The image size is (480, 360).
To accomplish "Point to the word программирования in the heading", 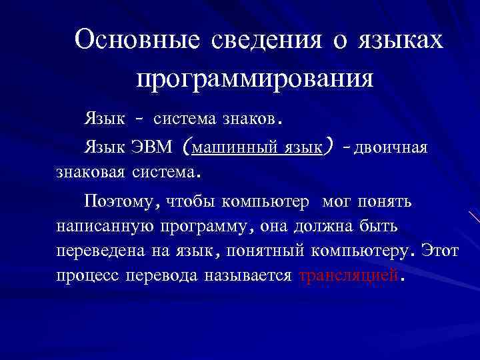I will pos(255,79).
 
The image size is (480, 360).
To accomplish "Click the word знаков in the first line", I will pos(249,120).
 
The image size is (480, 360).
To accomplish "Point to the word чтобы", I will pos(191,200).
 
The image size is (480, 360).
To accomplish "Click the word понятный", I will pos(266,252).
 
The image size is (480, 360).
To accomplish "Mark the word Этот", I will pos(442,252).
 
